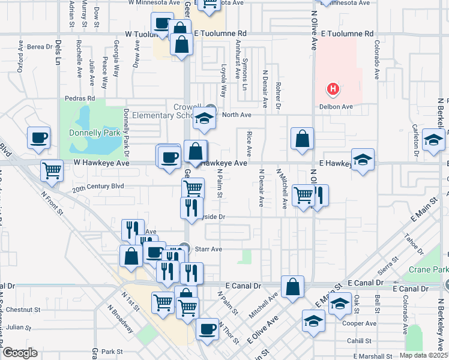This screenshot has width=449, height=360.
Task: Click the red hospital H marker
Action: (x=333, y=90)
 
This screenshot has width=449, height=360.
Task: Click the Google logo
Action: (x=20, y=352)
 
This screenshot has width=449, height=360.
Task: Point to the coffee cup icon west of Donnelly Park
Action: (x=39, y=138)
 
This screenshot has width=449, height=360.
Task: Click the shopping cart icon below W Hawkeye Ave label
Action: (x=52, y=170)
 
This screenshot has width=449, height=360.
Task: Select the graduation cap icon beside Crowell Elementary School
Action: (x=204, y=120)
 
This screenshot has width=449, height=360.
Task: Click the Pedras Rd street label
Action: (x=80, y=98)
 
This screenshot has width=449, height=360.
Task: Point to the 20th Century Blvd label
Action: (x=98, y=187)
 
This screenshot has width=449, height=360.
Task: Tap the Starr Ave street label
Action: (x=208, y=248)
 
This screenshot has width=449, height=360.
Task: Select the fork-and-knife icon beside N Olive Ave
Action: (x=318, y=196)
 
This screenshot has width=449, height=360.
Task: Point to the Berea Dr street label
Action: (x=40, y=46)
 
